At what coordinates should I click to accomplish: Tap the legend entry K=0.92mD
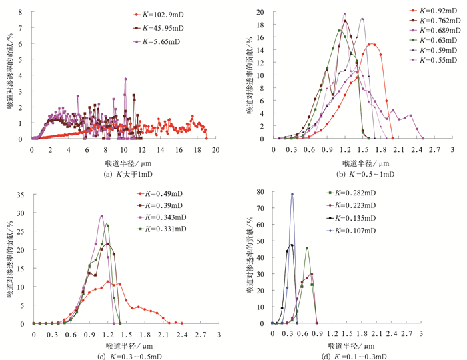click(428, 11)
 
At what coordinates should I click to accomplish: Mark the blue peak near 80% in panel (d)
click(292, 195)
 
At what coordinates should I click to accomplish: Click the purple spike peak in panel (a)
click(125, 79)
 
